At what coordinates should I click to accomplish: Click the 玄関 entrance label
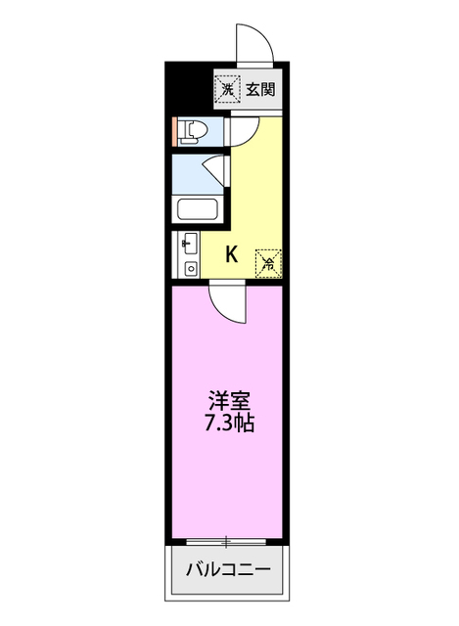[x=259, y=90]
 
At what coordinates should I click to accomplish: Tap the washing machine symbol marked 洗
[x=227, y=90]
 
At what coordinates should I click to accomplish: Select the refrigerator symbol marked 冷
[x=267, y=261]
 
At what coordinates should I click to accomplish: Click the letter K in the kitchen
[x=232, y=254]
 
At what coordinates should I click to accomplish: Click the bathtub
[x=199, y=210]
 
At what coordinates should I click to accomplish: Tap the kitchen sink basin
[x=189, y=244]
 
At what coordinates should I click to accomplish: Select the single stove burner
[x=190, y=266]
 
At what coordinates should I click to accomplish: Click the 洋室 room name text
[x=230, y=401]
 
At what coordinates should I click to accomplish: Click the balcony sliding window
[x=227, y=540]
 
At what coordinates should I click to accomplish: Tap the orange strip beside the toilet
[x=175, y=131]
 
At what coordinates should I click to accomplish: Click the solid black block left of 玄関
[x=189, y=90]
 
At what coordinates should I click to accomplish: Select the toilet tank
[x=183, y=131]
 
